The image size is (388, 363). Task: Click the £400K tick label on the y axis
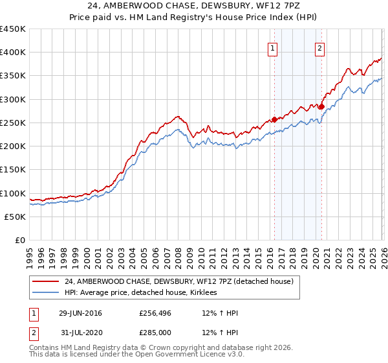[13, 53]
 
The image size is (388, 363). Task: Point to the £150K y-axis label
[13, 170]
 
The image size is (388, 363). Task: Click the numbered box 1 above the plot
[273, 47]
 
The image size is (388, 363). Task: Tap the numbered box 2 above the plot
[320, 47]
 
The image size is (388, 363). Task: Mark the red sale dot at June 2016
[274, 119]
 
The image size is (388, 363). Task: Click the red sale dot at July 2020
[321, 106]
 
